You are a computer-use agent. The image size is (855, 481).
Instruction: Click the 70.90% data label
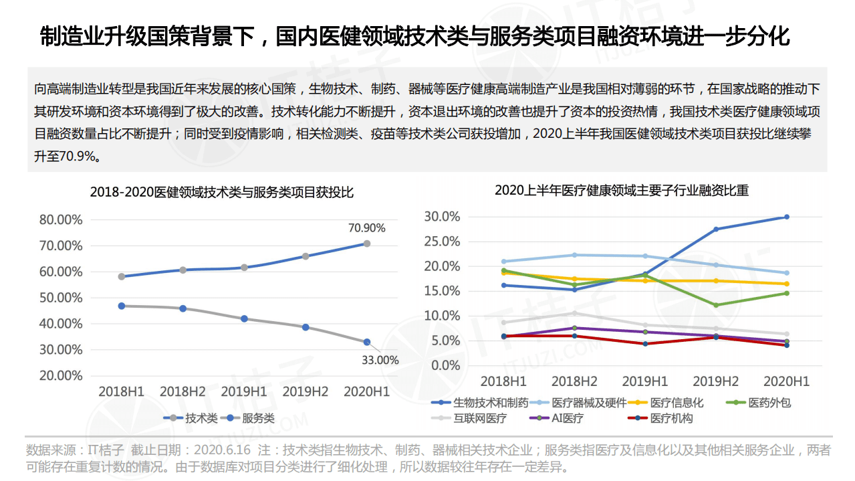pos(366,227)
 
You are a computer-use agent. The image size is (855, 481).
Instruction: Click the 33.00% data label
pos(380,360)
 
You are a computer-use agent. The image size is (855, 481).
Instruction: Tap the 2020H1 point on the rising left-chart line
pos(366,244)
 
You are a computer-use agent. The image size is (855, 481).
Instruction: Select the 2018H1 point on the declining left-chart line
pos(121,306)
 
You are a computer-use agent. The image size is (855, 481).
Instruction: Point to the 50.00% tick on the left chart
pos(62,298)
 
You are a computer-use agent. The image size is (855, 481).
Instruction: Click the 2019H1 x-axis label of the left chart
pos(244,391)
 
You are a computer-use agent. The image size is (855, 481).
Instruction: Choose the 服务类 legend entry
pos(258,418)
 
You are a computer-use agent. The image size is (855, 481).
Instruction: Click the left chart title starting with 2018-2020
pos(221,192)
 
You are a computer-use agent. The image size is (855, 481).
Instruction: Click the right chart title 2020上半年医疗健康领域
pos(621,190)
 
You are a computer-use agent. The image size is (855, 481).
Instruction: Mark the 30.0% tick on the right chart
pos(442,217)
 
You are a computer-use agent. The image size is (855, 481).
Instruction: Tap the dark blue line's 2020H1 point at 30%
pos(786,217)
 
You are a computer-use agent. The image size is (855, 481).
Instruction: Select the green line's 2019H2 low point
pos(716,305)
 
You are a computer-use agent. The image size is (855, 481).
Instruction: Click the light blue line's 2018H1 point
pos(504,262)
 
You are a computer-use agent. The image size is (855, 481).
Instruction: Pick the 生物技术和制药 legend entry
pos(491,403)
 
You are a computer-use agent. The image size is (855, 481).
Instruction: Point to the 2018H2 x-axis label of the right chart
pos(574,381)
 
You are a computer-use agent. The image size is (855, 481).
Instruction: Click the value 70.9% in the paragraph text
pos(80,158)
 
